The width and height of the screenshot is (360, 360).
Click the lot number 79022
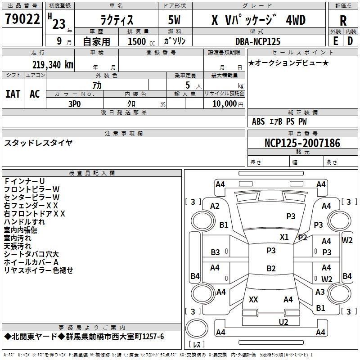(x=22, y=19)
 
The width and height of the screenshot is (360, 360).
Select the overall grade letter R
(x=343, y=21)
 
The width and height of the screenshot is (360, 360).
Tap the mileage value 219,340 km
(x=53, y=65)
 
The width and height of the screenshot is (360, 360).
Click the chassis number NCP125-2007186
(x=302, y=143)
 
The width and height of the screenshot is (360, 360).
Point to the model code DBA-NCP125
(x=258, y=41)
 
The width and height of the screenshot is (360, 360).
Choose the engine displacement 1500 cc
(x=141, y=41)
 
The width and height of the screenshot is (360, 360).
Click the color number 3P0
(x=75, y=104)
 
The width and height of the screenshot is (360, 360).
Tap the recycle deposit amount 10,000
(x=224, y=104)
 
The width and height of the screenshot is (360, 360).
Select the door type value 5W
(x=174, y=20)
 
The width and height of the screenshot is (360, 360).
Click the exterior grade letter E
(x=335, y=41)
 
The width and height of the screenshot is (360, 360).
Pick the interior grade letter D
(x=350, y=41)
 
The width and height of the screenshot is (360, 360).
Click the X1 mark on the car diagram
(x=284, y=237)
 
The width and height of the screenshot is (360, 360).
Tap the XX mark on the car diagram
(x=253, y=299)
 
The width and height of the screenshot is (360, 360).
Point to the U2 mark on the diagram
(x=283, y=322)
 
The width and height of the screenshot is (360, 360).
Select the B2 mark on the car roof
(x=271, y=268)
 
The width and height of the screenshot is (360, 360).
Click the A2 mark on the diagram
(x=215, y=206)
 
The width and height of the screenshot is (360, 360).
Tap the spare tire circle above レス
(x=197, y=328)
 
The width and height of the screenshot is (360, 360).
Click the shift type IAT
(x=13, y=94)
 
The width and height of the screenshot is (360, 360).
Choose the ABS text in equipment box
(x=258, y=121)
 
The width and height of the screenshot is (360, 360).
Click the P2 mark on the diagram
(x=302, y=238)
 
